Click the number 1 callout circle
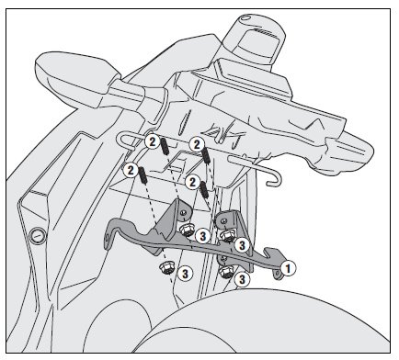pos(288,268)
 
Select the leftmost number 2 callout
pos(131,170)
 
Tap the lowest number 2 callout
pos(192,183)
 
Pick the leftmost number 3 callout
pos(185,274)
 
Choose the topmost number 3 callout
pos(202,236)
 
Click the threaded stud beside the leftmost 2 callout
pos(142,175)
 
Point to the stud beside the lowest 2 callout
pos(204,190)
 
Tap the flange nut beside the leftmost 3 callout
pos(167,268)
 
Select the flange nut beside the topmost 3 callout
pos(187,231)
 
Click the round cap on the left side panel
pos(38,236)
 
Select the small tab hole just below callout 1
pos(278,273)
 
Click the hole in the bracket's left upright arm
pos(183,213)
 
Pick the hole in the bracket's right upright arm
pos(224,220)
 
